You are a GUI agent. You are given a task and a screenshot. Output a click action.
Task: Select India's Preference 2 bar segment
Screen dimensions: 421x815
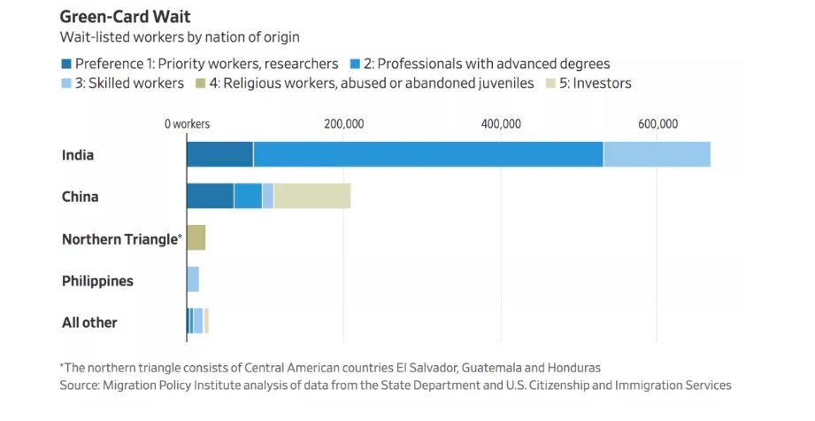(x=427, y=154)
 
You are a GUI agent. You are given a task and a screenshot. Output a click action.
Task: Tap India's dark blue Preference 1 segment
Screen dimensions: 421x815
(x=219, y=154)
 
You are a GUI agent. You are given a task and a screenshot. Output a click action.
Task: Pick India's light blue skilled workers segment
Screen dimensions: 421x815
(x=656, y=154)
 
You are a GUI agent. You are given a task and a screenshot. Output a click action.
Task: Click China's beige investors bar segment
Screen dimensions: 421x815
(x=311, y=196)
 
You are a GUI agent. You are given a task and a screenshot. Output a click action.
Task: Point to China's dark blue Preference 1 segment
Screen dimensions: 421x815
(x=210, y=196)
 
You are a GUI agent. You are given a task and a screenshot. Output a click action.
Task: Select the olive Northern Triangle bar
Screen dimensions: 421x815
(x=196, y=238)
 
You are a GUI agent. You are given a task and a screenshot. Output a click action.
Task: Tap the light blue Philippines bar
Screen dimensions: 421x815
(x=193, y=279)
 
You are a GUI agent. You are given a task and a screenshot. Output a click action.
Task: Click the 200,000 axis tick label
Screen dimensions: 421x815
(x=343, y=124)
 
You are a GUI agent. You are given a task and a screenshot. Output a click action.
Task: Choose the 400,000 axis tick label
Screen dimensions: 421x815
(x=500, y=124)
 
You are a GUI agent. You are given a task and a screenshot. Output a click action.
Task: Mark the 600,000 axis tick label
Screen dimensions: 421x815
(x=657, y=124)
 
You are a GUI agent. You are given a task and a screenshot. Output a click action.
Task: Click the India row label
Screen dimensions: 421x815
(x=78, y=155)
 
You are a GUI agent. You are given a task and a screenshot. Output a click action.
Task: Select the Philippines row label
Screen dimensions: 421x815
(x=97, y=281)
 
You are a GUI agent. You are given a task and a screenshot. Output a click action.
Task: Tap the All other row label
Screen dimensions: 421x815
(x=89, y=323)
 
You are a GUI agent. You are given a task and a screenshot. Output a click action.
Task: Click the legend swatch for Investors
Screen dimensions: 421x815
(x=551, y=83)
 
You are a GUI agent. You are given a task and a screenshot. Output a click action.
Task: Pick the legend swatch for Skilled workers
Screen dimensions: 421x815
(x=66, y=83)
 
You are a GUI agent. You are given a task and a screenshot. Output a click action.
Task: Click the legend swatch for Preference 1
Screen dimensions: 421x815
(x=66, y=64)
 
